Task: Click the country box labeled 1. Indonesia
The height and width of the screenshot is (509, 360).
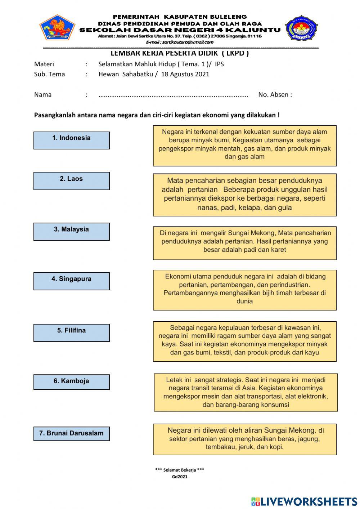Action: click(71, 140)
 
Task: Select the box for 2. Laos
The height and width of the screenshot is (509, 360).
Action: click(71, 181)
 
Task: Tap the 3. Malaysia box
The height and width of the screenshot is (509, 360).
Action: click(71, 231)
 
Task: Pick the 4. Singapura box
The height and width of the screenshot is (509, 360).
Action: click(71, 281)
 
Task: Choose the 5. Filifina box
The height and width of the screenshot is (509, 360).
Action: click(71, 332)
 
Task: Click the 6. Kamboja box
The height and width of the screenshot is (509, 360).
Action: click(71, 382)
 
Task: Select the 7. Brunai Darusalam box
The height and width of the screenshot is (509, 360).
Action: click(71, 433)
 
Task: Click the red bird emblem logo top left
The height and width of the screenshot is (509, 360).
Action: click(57, 27)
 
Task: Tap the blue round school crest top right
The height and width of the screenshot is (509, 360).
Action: click(302, 28)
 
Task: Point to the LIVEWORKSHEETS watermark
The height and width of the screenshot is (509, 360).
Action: click(304, 501)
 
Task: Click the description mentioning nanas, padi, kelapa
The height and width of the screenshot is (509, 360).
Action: click(244, 195)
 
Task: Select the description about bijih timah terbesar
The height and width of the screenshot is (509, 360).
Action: click(244, 290)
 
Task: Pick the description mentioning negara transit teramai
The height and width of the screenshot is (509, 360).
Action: click(246, 392)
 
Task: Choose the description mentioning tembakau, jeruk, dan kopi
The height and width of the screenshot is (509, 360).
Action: click(244, 439)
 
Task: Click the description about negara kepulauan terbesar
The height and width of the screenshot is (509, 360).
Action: click(244, 341)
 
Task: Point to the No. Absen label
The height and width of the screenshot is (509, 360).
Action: click(275, 95)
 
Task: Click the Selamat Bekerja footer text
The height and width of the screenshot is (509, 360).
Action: click(180, 470)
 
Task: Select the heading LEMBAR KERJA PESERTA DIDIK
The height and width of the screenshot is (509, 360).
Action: click(180, 53)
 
